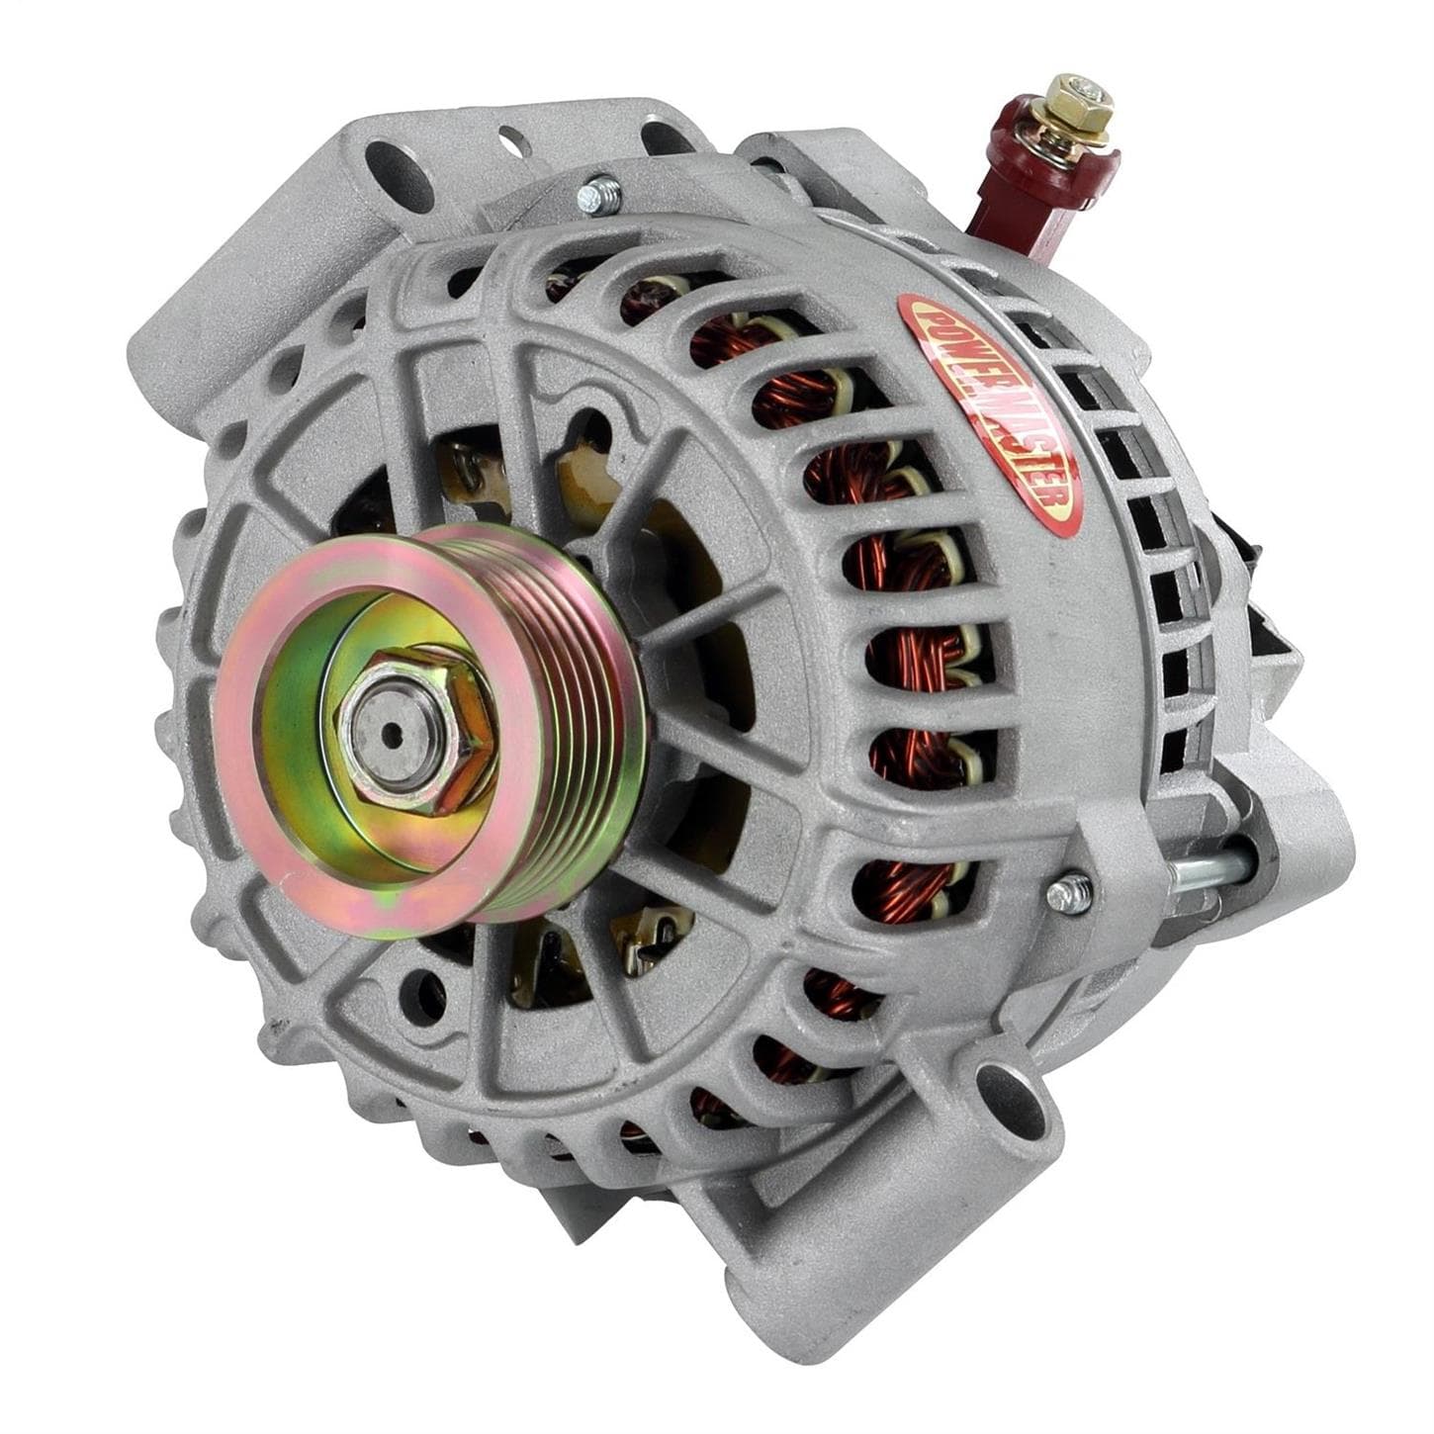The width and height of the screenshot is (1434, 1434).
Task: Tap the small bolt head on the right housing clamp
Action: pyautogui.click(x=1065, y=896)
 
